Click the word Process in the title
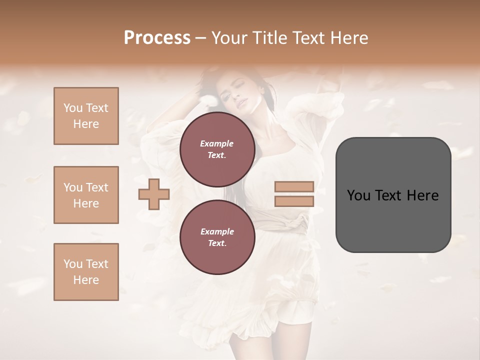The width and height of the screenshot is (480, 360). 157,38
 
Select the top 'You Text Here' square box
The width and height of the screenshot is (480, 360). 86,116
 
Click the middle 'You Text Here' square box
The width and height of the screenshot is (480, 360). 86,195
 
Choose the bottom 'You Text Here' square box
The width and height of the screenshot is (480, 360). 86,272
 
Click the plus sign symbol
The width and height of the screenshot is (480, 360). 153,194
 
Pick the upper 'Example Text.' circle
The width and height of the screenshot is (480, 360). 217,149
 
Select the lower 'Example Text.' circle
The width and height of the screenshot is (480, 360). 217,237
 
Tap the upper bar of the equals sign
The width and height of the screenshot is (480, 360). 294,187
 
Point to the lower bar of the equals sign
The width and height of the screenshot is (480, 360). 294,201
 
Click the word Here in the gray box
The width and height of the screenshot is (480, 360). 422,195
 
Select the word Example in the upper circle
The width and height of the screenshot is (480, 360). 217,143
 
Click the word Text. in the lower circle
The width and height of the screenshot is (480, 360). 217,243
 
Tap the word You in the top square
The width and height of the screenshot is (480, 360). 73,108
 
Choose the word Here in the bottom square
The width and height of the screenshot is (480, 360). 86,280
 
